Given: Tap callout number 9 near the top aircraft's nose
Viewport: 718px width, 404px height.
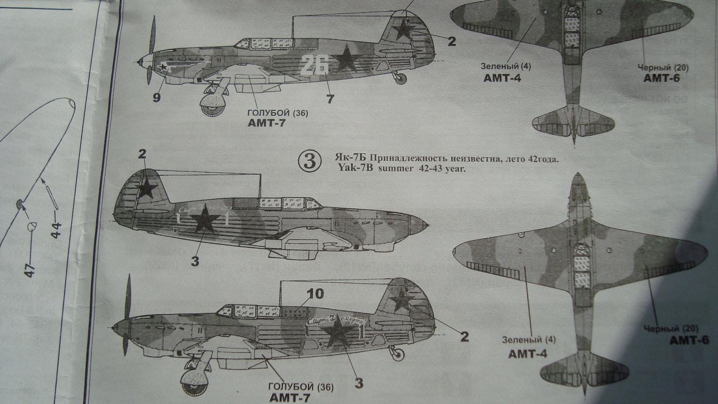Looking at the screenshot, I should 156,97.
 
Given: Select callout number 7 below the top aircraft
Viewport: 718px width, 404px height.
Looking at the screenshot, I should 330,98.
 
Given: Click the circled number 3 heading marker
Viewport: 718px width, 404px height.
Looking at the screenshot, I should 310,161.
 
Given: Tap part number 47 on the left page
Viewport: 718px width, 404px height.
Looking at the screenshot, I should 30,269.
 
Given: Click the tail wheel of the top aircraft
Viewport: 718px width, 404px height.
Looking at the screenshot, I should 400,79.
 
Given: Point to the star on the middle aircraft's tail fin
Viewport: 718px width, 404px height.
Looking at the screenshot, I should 146,188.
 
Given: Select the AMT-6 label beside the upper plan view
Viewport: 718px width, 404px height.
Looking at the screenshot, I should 660,78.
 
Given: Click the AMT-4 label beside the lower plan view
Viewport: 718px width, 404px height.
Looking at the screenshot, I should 527,354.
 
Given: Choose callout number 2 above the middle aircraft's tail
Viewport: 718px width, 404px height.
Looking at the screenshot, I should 142,154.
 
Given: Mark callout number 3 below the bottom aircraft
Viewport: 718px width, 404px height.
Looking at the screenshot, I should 359,383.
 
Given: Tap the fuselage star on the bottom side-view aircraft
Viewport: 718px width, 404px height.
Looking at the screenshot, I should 338,335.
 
